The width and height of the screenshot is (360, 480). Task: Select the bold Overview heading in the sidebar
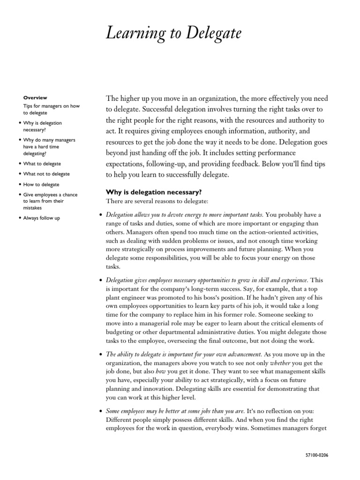pyautogui.click(x=35, y=97)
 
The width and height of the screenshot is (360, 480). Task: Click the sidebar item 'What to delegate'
pyautogui.click(x=42, y=164)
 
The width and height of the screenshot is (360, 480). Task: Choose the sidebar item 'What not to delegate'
pyautogui.click(x=46, y=174)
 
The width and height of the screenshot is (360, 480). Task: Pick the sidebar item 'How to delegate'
pyautogui.click(x=41, y=184)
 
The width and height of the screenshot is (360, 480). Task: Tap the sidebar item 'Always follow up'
pyautogui.click(x=42, y=218)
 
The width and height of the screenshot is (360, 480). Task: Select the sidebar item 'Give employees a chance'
pyautogui.click(x=50, y=195)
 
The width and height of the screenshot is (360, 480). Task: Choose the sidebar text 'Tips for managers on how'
pyautogui.click(x=52, y=106)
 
